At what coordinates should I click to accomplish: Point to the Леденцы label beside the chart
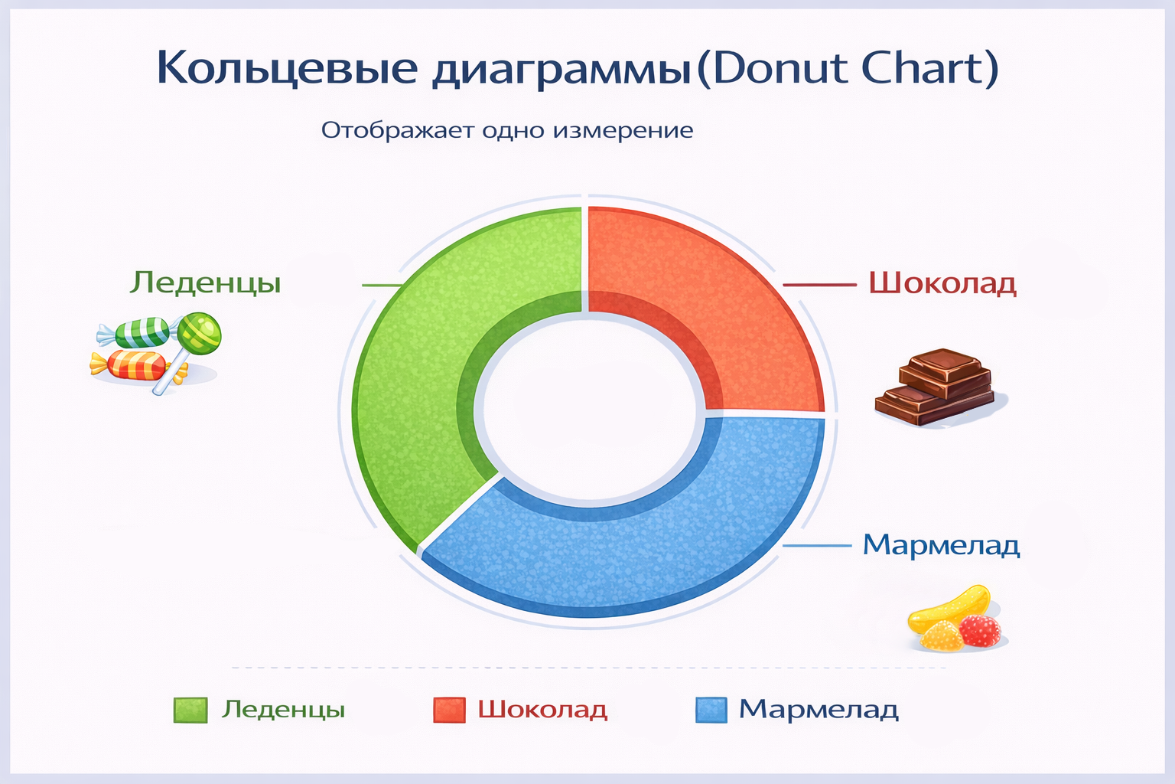coord(205,283)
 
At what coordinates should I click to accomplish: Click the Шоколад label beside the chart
coord(942,283)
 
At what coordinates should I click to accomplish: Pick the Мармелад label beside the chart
coord(941,545)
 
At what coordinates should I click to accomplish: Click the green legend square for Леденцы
coord(190,710)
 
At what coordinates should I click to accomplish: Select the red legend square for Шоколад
coord(449,710)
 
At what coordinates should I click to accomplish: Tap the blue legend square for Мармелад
coord(711,710)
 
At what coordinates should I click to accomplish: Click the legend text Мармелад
coord(819,710)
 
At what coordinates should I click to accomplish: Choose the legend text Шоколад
coord(542,710)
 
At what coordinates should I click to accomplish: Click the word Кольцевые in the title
coord(288,69)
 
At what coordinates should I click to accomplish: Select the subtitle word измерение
coord(623,130)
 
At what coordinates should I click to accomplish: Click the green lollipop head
coord(200,334)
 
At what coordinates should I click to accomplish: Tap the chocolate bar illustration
coord(935,386)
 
